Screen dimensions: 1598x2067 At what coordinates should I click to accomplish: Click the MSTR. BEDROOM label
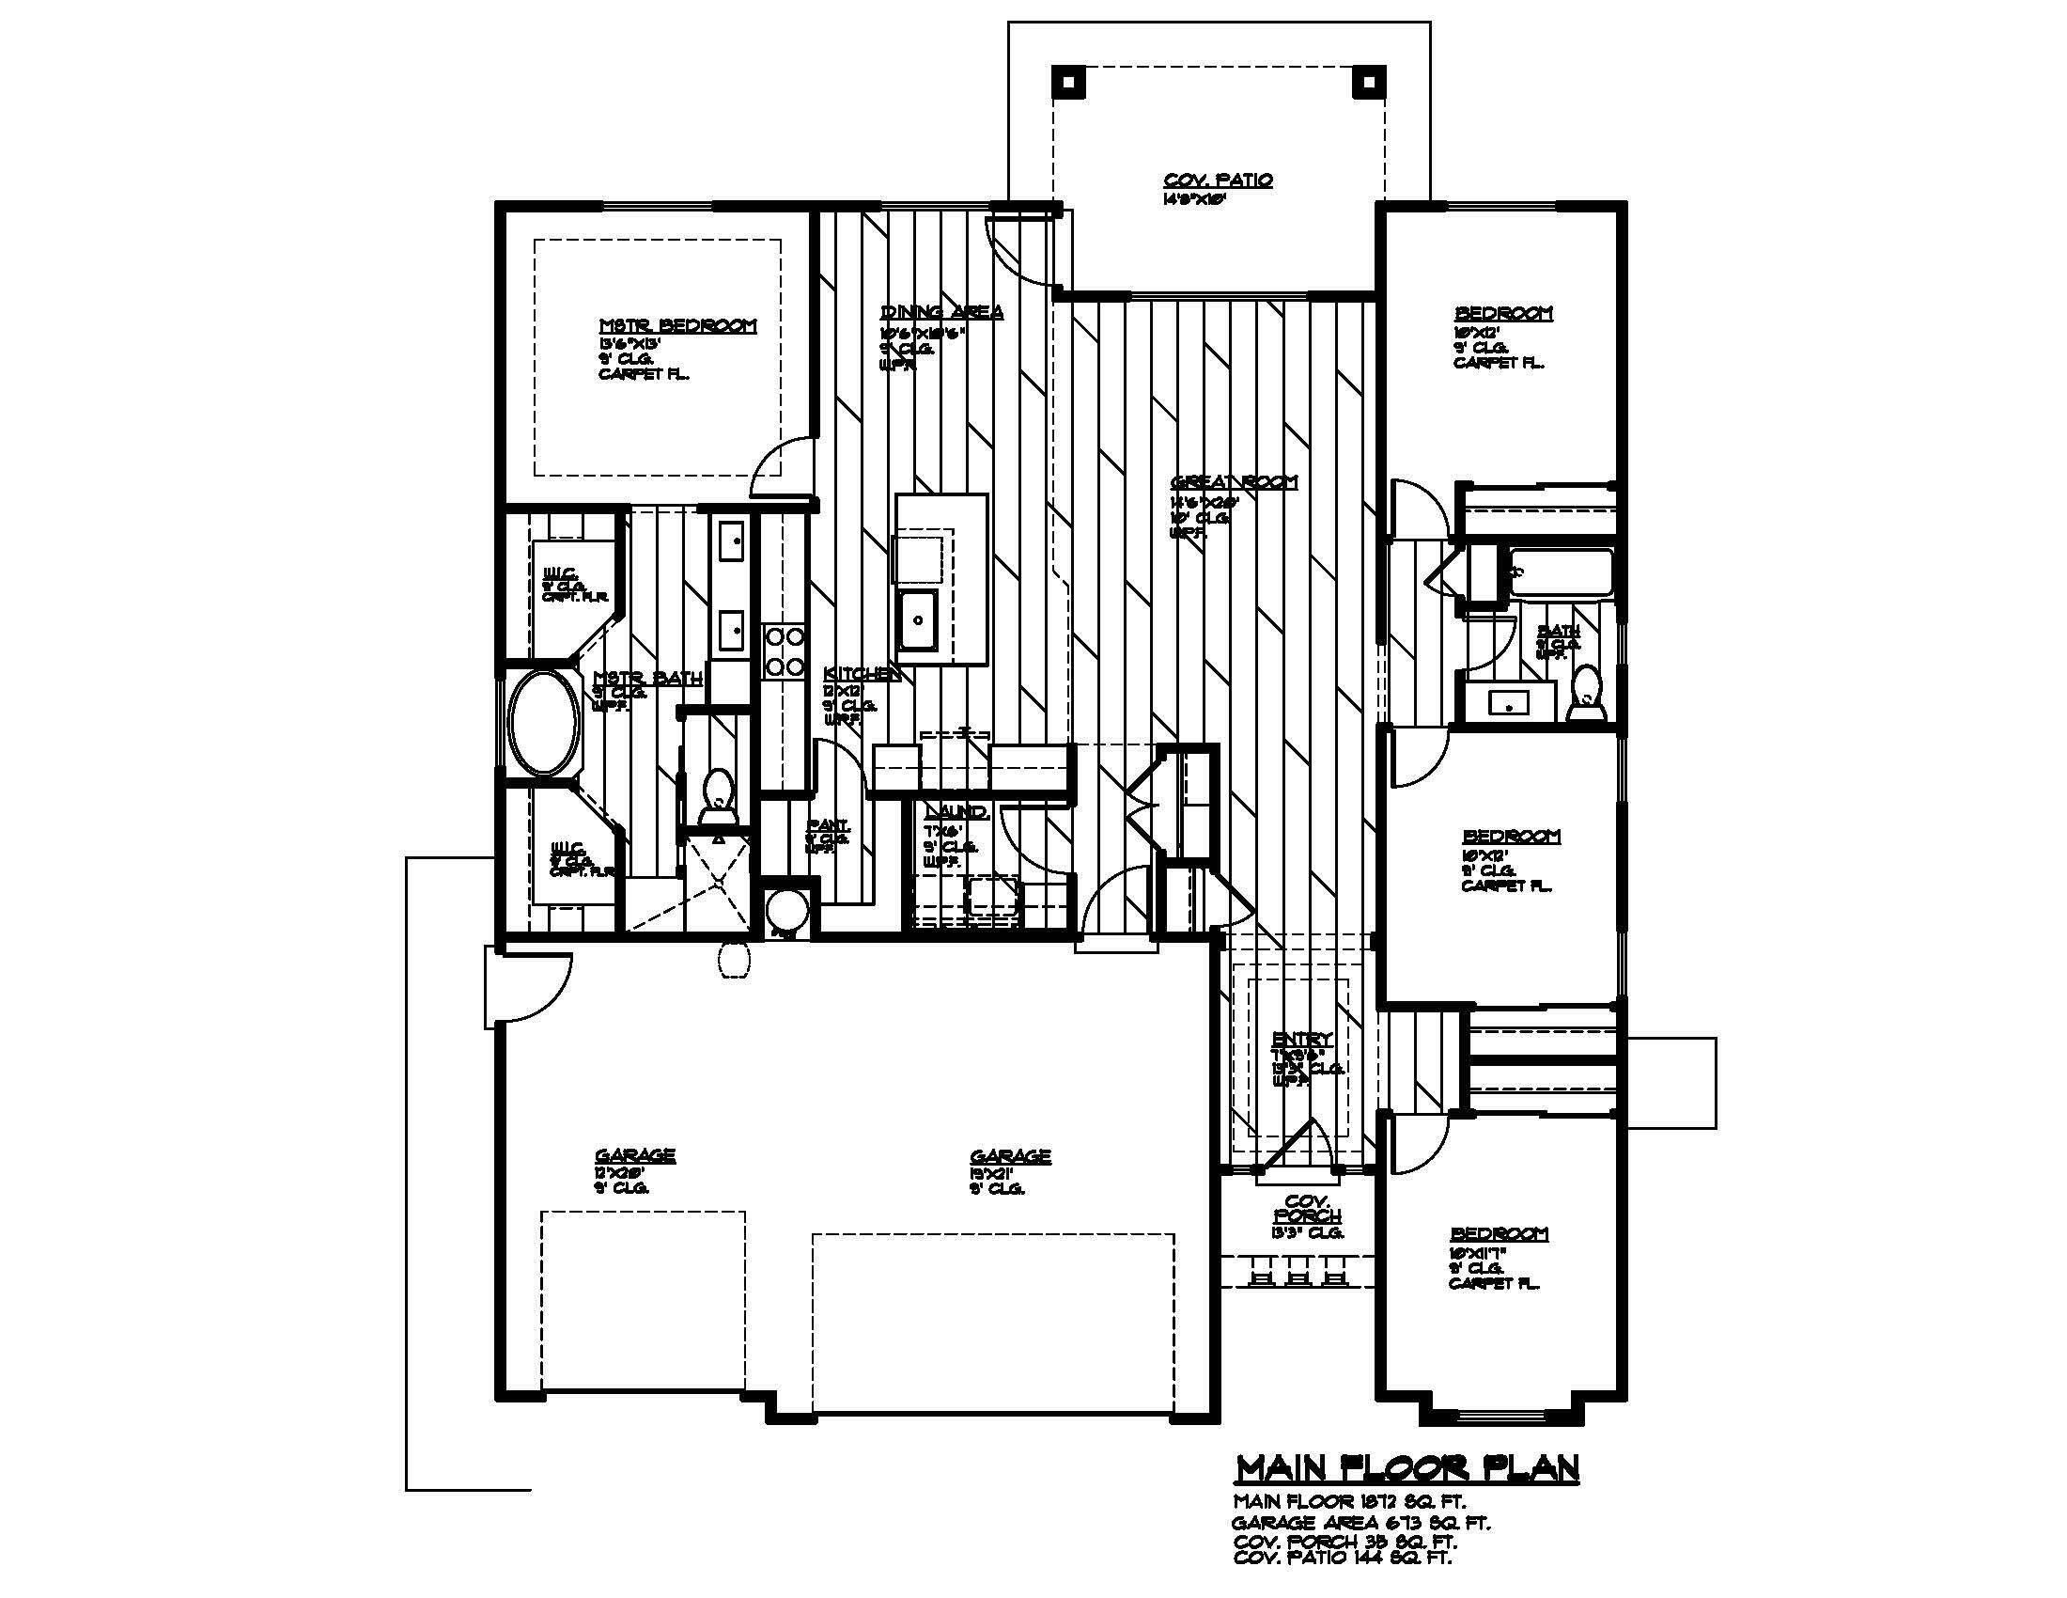[677, 325]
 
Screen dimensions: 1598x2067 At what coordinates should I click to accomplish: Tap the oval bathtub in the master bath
[544, 724]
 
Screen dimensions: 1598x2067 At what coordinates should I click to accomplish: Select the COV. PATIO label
[1217, 180]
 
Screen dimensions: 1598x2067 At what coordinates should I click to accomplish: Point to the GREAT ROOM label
[1235, 482]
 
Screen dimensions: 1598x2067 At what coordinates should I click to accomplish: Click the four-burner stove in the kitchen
[784, 651]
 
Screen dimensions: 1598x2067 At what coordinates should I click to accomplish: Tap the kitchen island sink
[917, 620]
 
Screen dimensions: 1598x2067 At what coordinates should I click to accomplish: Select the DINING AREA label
[941, 311]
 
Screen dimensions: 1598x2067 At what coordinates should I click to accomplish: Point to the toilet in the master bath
[717, 797]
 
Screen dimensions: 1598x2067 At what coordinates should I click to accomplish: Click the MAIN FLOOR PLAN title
[1407, 1467]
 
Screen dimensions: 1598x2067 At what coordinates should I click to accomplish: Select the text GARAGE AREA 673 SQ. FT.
[1360, 1523]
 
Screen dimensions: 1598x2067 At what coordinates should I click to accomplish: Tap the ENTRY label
[1302, 1039]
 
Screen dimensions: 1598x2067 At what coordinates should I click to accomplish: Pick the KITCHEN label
[862, 673]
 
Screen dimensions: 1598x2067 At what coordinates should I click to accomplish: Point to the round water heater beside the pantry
[786, 912]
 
